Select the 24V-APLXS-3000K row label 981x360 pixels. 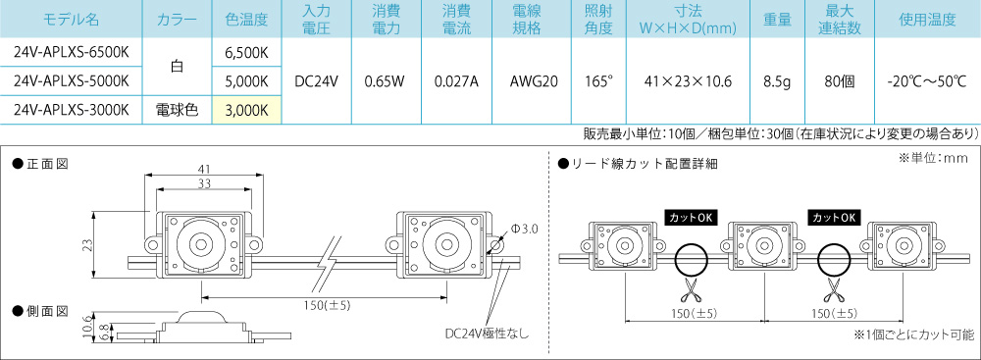pos(71,110)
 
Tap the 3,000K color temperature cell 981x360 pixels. pos(246,111)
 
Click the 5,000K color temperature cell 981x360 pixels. pos(246,80)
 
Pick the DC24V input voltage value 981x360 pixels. pos(316,80)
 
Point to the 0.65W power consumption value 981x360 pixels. pos(386,80)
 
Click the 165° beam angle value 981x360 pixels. pos(596,80)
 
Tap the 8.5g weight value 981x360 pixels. pos(778,80)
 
